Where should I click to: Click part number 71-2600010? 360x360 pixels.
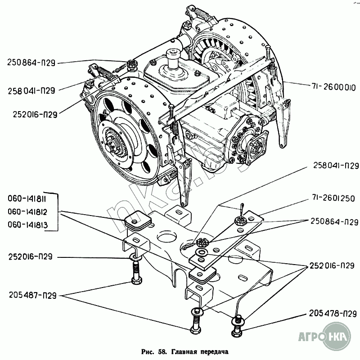[333, 87]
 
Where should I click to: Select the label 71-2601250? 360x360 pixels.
[333, 198]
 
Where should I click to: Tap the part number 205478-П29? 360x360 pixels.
[333, 313]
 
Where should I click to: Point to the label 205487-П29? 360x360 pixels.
[32, 295]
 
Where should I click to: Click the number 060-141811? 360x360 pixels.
[27, 198]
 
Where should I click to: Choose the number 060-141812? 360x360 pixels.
[27, 211]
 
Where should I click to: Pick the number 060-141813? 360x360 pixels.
[27, 224]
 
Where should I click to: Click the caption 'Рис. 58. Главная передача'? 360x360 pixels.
[185, 352]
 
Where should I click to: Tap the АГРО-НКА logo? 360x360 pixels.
[325, 337]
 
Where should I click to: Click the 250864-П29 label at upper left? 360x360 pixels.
[31, 63]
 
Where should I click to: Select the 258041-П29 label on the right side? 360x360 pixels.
[336, 166]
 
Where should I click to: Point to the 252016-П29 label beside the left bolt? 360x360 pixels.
[31, 256]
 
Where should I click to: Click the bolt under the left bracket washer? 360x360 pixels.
[136, 273]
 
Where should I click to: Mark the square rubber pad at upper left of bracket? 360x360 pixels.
[138, 220]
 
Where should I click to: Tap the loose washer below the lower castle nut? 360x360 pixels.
[201, 252]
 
